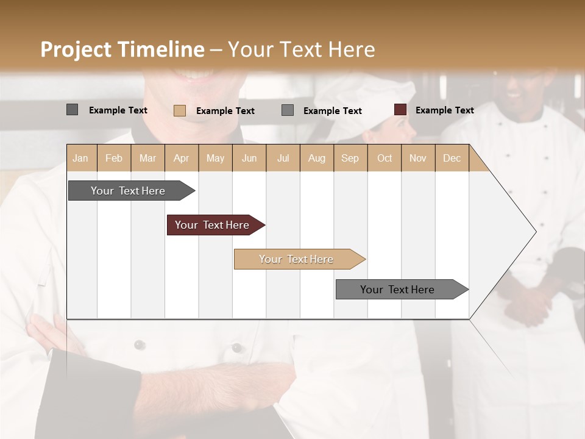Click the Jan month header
[x=80, y=158]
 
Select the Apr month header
[x=181, y=158]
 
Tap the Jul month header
[x=283, y=158]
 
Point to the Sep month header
[x=350, y=158]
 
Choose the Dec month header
[x=452, y=158]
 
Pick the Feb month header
[x=114, y=158]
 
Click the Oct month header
[x=385, y=158]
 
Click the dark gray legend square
[x=72, y=110]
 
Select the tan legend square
[x=179, y=110]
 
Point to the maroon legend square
[x=400, y=110]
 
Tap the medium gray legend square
[x=288, y=110]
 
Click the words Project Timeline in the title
[x=122, y=49]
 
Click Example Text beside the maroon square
[x=444, y=110]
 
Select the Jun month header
[x=249, y=158]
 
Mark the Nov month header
[x=418, y=158]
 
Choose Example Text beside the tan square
[x=225, y=111]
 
